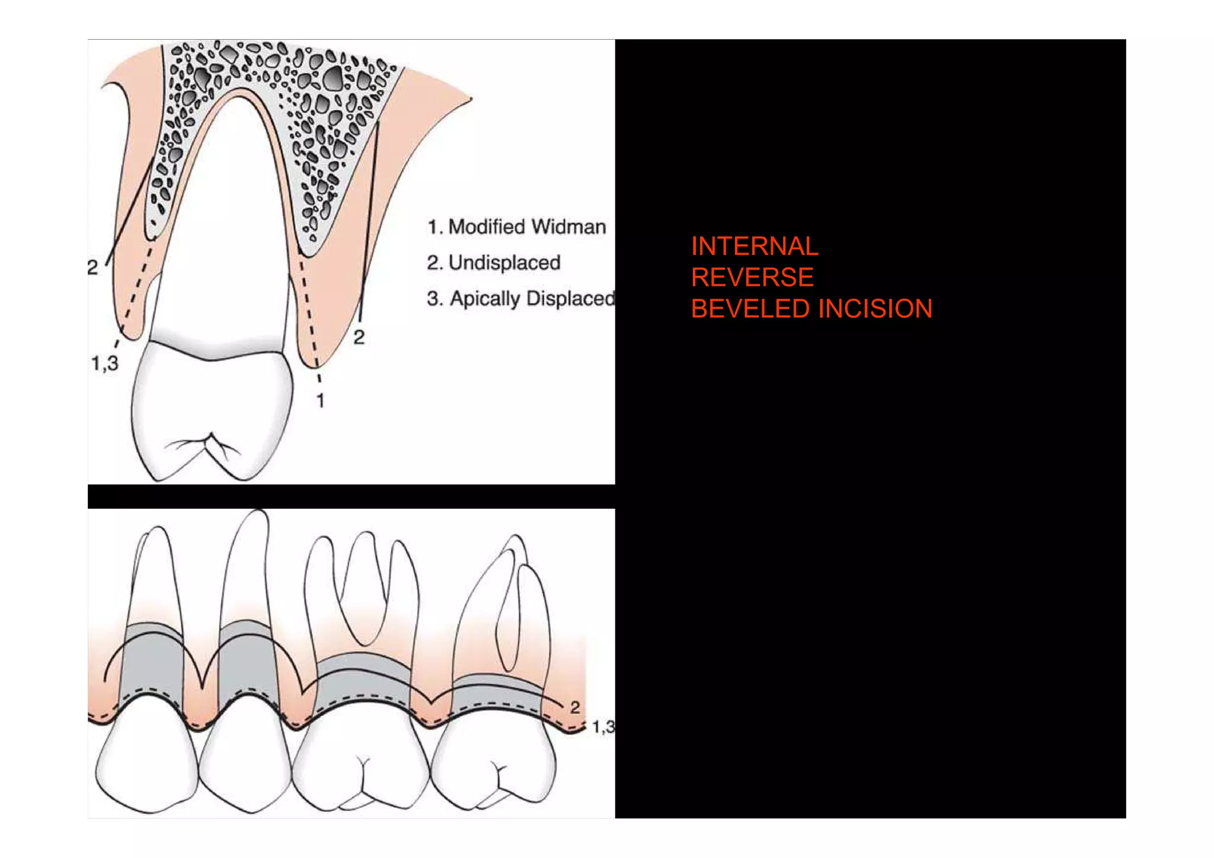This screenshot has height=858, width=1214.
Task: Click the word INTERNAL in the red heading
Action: pyautogui.click(x=754, y=247)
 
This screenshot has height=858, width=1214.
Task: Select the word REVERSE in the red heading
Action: pyautogui.click(x=752, y=278)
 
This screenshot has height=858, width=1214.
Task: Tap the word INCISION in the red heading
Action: pyautogui.click(x=875, y=309)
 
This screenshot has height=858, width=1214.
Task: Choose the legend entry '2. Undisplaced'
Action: pyautogui.click(x=494, y=263)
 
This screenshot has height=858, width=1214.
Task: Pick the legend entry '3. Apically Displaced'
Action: pyautogui.click(x=521, y=298)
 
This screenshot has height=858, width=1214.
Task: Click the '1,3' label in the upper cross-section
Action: pyautogui.click(x=105, y=363)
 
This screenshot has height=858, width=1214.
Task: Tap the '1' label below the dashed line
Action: pyautogui.click(x=321, y=401)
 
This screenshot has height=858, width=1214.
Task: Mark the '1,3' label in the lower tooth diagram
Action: pyautogui.click(x=603, y=726)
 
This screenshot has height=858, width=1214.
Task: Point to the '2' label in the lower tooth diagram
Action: pyautogui.click(x=575, y=707)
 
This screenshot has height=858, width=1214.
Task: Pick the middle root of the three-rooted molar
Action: pyautogui.click(x=363, y=587)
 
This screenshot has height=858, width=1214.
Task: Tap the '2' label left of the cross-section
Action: pyautogui.click(x=92, y=267)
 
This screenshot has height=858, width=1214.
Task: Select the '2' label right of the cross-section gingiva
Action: pyautogui.click(x=359, y=337)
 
